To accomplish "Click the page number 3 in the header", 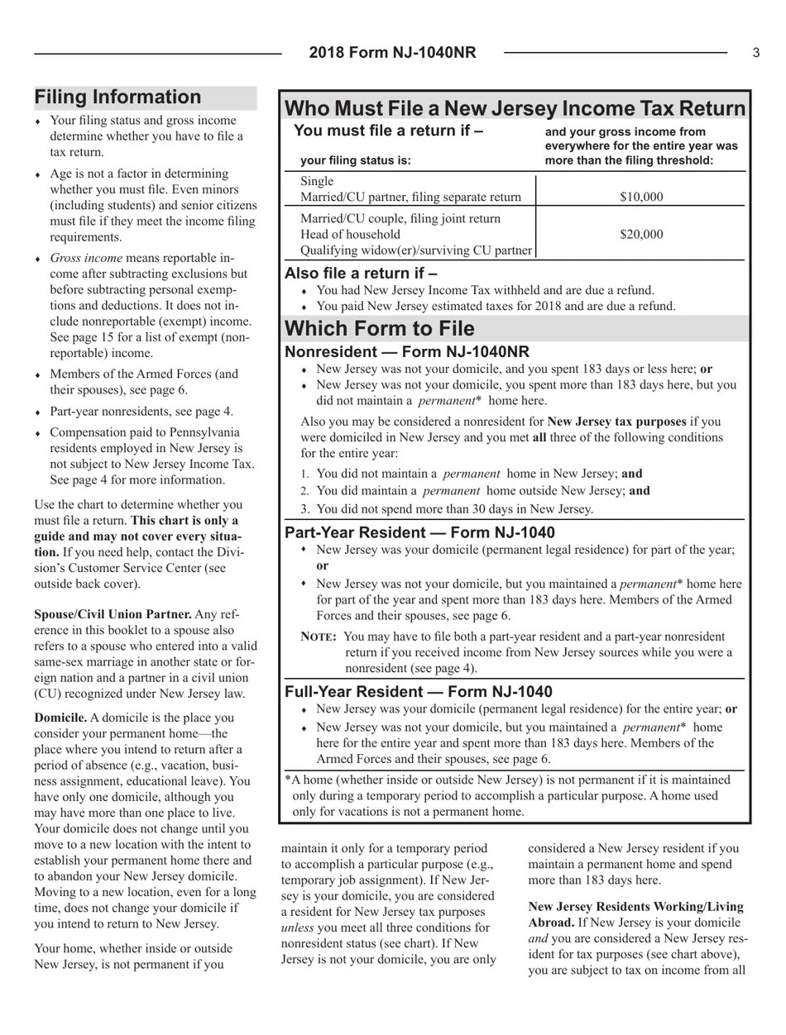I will [755, 53].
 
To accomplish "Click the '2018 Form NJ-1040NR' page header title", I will [392, 53].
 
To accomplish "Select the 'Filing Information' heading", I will [117, 98].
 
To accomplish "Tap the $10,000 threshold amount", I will [641, 197].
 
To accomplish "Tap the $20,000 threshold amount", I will [641, 234].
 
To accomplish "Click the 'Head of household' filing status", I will [350, 234].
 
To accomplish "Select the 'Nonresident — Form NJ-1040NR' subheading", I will [406, 352].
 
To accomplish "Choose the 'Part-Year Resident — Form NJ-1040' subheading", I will [419, 532].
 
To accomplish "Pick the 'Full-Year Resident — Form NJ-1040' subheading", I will [418, 692].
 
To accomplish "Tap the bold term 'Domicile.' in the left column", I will [60, 718].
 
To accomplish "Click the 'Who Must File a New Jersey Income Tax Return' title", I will [515, 109].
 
